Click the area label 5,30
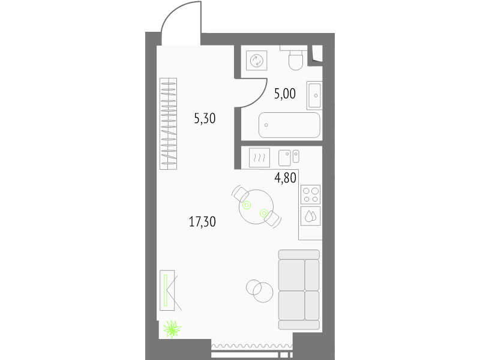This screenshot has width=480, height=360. point(205,118)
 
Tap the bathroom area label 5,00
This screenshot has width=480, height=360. point(285,94)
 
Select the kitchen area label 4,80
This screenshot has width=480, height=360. point(286,178)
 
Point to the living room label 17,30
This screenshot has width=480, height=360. point(202,221)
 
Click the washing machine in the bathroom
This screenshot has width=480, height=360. point(257,61)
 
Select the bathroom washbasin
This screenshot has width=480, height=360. point(314,95)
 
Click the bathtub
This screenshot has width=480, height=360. point(289,125)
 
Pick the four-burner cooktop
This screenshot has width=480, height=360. point(310,194)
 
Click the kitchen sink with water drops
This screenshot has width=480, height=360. point(310,216)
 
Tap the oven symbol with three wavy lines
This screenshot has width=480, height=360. point(259,158)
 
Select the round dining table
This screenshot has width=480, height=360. point(256,206)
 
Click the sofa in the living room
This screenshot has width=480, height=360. point(299,290)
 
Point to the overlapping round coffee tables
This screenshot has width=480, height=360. point(259,291)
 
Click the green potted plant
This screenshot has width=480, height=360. point(172,329)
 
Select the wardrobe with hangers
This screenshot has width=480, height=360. point(169,124)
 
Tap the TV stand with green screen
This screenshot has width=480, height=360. point(167,290)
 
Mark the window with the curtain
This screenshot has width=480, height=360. point(252,350)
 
